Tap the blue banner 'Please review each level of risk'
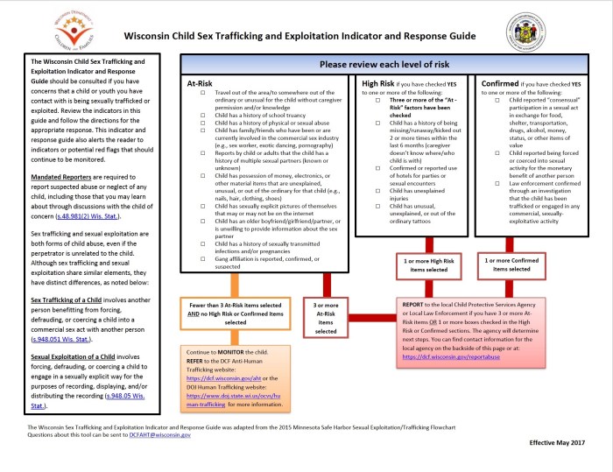383,65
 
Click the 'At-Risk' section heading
201,83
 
